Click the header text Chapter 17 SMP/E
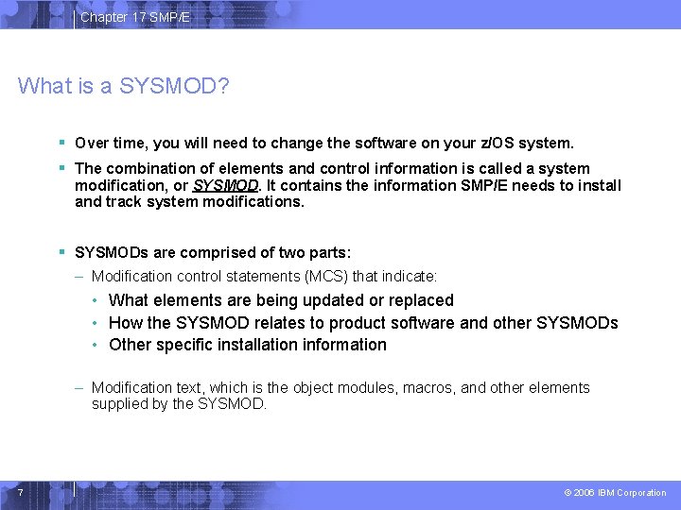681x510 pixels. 135,17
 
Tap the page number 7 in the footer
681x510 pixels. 19,492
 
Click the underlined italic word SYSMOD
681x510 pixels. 225,185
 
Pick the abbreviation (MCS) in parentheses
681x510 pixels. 325,277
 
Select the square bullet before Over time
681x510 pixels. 61,144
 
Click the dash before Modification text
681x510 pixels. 81,388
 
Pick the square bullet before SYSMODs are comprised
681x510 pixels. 61,253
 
